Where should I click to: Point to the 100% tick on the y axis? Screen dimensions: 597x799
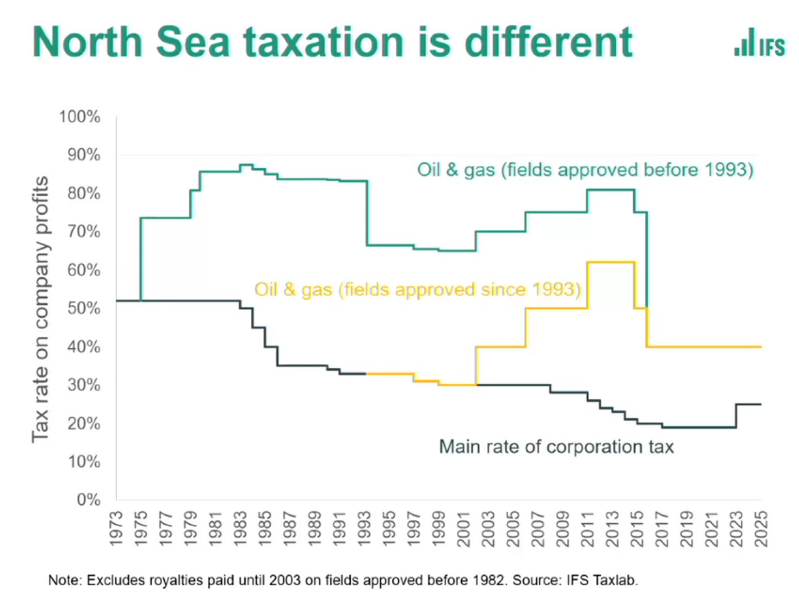[x=80, y=117]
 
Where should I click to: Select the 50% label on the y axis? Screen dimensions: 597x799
[x=83, y=308]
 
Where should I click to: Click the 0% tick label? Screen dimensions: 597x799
[x=88, y=500]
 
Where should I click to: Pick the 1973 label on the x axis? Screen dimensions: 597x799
[x=117, y=528]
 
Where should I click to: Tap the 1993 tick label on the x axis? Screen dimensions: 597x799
[x=365, y=528]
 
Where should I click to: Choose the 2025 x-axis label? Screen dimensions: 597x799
[x=761, y=528]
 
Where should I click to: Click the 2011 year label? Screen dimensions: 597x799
[x=587, y=528]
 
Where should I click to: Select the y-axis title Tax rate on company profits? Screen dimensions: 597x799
[x=40, y=309]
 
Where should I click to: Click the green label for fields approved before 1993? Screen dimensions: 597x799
[x=585, y=170]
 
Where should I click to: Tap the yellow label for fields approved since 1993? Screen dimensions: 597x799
[x=417, y=289]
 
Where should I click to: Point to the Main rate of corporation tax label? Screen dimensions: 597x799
[x=556, y=447]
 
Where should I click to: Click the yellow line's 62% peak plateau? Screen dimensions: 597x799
[x=611, y=262]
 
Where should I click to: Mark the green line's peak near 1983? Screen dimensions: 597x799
[x=246, y=165]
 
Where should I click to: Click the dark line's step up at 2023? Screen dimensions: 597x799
[x=736, y=415]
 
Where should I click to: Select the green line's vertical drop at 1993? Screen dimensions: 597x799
[x=367, y=213]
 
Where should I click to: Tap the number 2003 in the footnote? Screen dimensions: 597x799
[x=285, y=580]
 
